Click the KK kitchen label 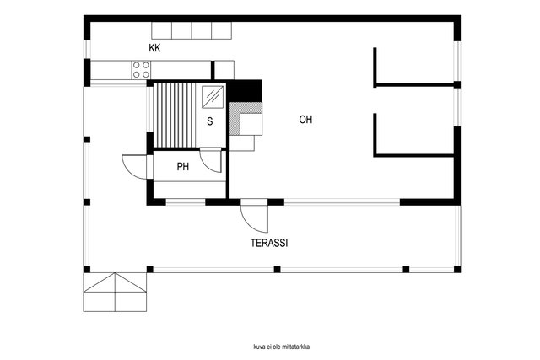(154, 48)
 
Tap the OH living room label (305, 120)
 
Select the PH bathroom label (183, 167)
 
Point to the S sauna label (210, 121)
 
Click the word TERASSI (269, 243)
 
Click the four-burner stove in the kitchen (141, 70)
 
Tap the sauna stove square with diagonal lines (213, 97)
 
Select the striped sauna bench (175, 116)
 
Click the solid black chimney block (246, 91)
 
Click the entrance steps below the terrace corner (115, 293)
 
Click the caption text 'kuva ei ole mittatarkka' (281, 347)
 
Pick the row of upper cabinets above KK (192, 30)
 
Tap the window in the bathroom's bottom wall (186, 202)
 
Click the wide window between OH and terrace (342, 202)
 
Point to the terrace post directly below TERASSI (278, 269)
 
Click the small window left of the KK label (87, 50)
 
